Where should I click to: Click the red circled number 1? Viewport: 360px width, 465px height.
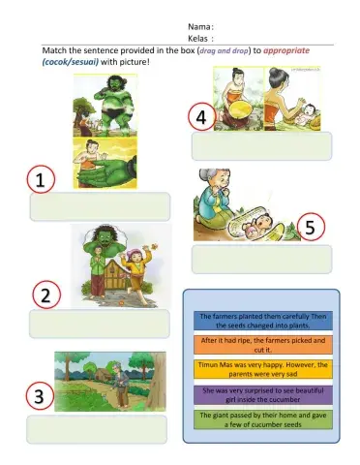[x=41, y=181]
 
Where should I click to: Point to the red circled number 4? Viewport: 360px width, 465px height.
[x=200, y=117]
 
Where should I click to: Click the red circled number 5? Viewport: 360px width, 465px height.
[x=309, y=230]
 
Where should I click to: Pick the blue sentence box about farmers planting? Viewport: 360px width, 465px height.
[x=263, y=321]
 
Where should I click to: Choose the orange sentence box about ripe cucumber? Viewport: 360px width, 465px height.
[x=263, y=345]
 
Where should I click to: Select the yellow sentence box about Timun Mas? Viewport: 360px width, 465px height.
[x=263, y=369]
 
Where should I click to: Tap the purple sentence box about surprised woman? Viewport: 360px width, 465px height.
[x=263, y=394]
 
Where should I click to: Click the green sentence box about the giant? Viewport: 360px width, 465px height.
[x=263, y=419]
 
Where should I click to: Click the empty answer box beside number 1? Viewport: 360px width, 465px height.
[x=100, y=206]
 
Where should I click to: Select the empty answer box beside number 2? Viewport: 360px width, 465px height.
[x=99, y=324]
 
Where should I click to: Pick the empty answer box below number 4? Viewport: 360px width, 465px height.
[x=261, y=145]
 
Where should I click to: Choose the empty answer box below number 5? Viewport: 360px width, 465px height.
[x=261, y=259]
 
